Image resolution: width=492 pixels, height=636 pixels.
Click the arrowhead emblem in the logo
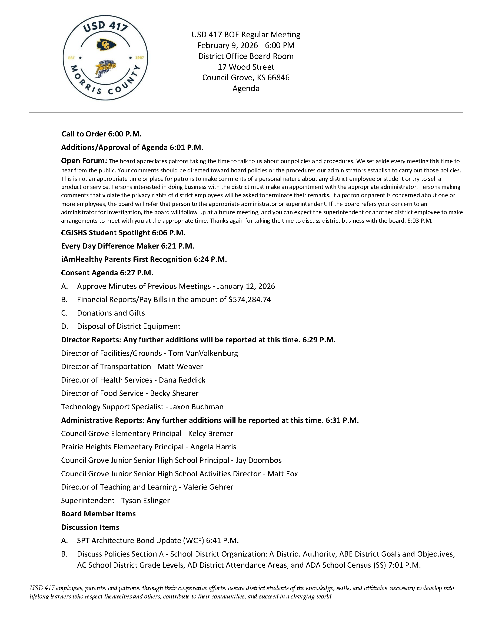coord(106,45)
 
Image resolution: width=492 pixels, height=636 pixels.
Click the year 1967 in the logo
coord(139,58)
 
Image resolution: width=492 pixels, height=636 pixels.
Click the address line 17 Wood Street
coord(246,67)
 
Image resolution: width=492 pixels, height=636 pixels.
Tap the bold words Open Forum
coord(84,161)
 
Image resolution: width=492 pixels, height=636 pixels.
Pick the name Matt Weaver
coord(180,366)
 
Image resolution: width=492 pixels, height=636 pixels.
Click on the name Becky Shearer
coord(174,393)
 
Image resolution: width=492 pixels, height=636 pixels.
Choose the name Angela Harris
coord(213,447)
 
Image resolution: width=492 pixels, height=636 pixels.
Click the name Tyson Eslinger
coord(145,500)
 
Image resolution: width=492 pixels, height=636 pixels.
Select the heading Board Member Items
coord(98,514)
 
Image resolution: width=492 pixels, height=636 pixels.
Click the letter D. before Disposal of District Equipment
coord(65,326)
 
